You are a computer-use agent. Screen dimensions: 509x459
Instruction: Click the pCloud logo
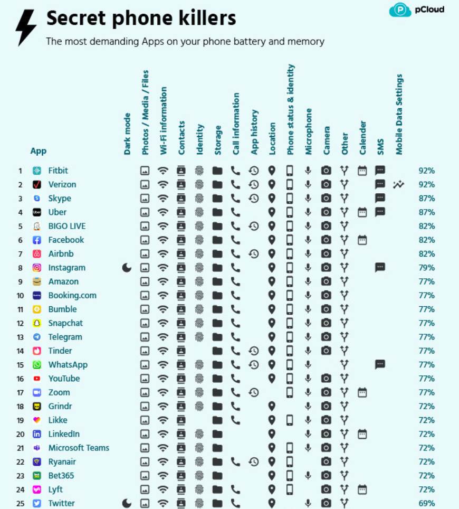coord(416,10)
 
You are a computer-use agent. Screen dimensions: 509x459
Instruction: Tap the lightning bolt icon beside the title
coord(26,27)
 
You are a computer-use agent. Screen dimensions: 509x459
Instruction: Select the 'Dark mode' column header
coord(127,134)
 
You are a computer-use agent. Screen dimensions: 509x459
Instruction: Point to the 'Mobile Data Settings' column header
coord(399,114)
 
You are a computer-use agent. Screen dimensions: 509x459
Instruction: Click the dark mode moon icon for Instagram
coord(127,268)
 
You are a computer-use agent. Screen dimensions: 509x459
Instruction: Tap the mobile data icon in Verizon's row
coord(398,184)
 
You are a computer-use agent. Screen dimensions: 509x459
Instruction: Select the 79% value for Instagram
coord(426,268)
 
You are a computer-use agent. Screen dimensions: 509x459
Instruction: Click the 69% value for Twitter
coord(426,503)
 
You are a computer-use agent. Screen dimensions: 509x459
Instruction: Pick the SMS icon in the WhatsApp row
coord(380,364)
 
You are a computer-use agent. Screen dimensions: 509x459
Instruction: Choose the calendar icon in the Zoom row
coord(362,392)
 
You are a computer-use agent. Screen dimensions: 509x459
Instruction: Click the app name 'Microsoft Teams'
coord(79,448)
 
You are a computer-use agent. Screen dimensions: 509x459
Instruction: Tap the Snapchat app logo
coord(37,323)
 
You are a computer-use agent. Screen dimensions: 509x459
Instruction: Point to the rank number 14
coord(20,351)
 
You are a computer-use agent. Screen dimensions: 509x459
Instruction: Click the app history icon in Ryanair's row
coord(254,461)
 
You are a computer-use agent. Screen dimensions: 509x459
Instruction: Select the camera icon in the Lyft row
coord(326,489)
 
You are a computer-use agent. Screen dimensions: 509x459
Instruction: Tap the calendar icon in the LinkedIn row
coord(362,433)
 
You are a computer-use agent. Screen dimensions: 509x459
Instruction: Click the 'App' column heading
coord(39,151)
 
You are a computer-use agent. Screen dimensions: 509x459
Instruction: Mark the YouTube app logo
coord(37,379)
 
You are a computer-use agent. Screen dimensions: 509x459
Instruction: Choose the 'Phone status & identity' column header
coord(291,110)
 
